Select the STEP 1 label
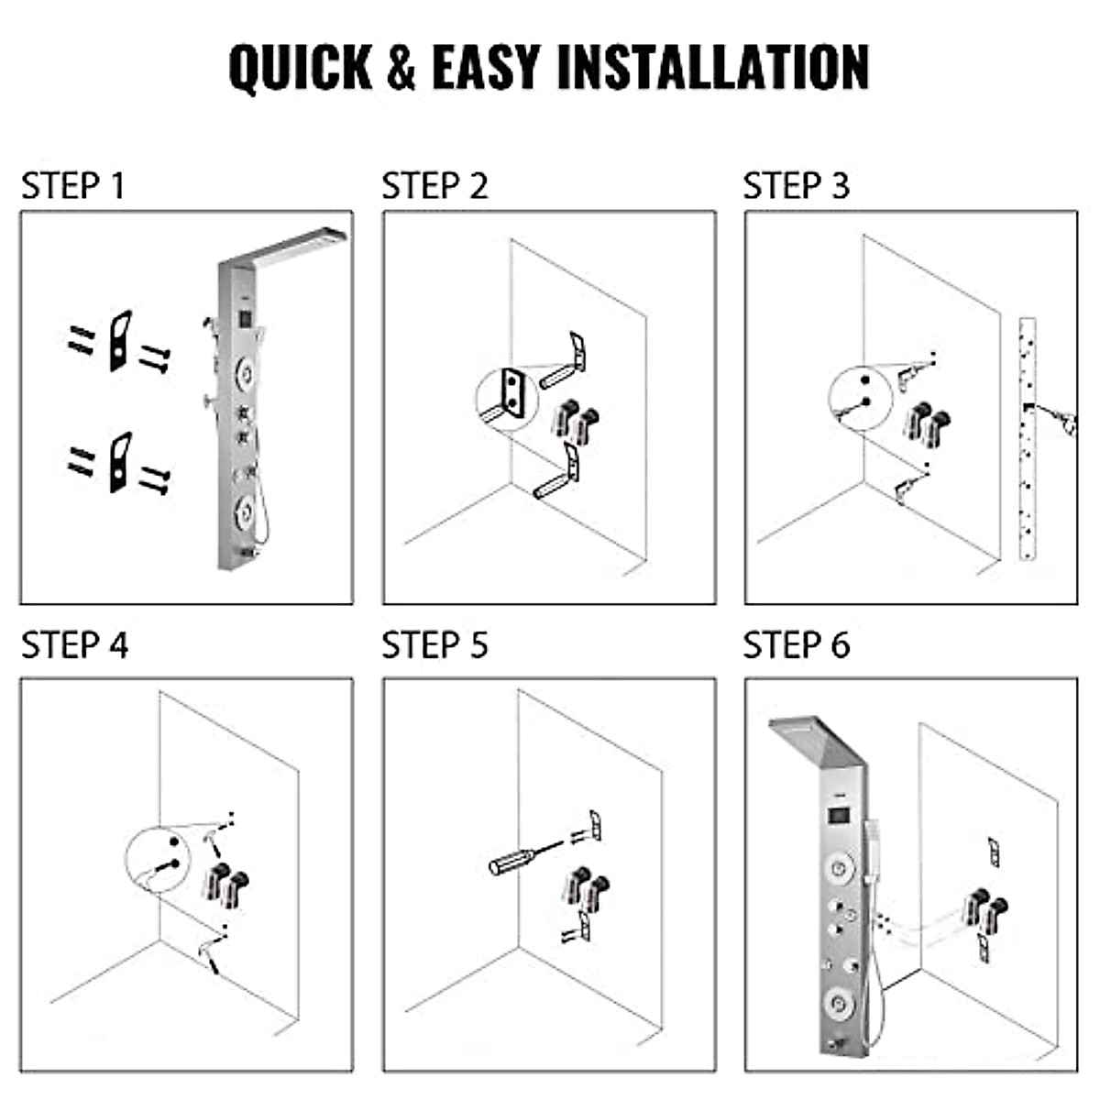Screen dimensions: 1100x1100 [x=72, y=186]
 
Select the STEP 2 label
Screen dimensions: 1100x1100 [x=434, y=186]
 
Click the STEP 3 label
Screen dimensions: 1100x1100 [x=796, y=186]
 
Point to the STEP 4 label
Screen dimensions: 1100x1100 [x=74, y=645]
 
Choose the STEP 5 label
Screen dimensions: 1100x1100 [x=434, y=645]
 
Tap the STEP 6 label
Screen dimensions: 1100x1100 [x=796, y=645]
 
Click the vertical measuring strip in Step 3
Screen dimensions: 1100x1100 [x=1028, y=439]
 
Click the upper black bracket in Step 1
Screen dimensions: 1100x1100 [x=120, y=341]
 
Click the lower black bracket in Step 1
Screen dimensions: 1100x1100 [x=120, y=462]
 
